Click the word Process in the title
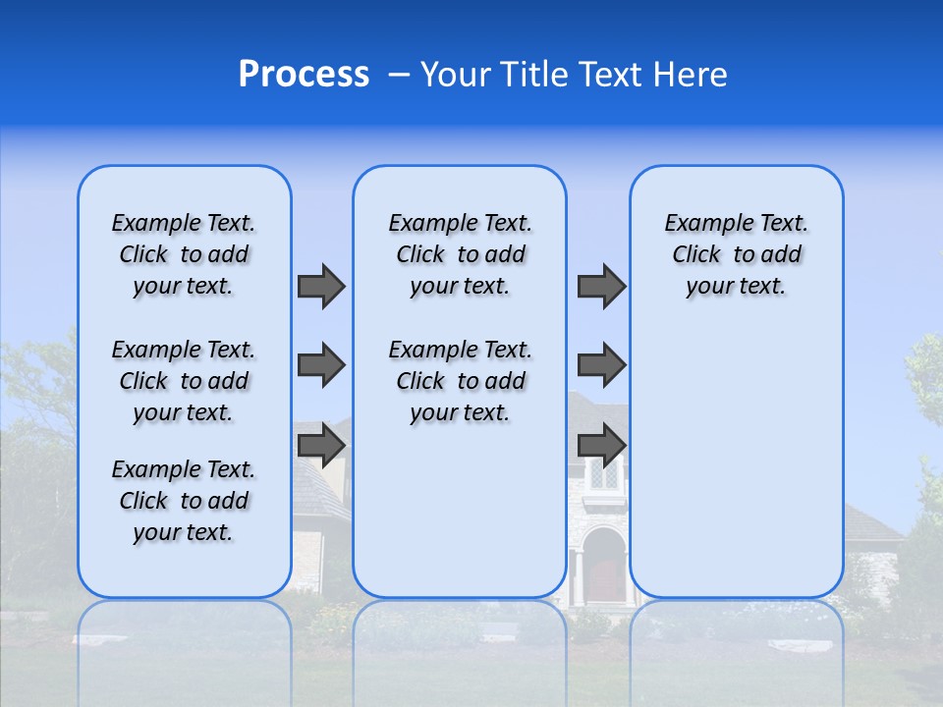(x=304, y=75)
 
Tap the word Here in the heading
(x=689, y=75)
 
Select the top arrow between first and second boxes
(x=321, y=286)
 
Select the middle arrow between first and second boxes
(x=321, y=365)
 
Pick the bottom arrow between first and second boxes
(x=321, y=445)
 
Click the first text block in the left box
(x=184, y=254)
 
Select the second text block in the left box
(x=184, y=381)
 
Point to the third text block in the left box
(x=184, y=501)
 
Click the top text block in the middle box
(x=460, y=254)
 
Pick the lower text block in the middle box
(x=460, y=381)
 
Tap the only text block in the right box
(x=736, y=254)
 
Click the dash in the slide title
(x=399, y=75)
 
